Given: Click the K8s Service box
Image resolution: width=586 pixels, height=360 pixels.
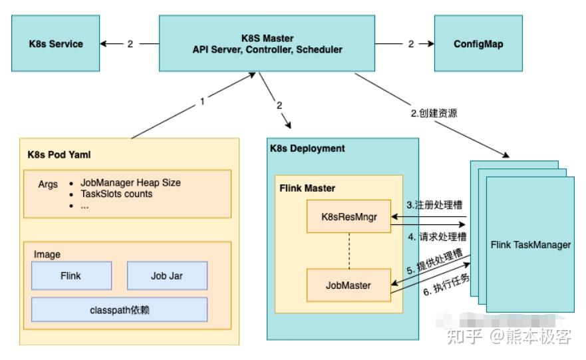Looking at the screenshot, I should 56,44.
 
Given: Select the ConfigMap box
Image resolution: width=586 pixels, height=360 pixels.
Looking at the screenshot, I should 478,44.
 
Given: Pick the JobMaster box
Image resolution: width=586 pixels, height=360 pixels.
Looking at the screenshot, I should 347,285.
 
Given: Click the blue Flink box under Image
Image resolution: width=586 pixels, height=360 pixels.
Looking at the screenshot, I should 71,275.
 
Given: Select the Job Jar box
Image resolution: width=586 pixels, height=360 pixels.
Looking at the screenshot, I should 166,275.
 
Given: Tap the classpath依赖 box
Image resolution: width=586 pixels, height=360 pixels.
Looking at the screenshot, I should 119,310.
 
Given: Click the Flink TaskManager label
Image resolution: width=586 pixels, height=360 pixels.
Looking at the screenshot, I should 530,245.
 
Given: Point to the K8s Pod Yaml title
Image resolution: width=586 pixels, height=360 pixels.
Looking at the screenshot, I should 55,154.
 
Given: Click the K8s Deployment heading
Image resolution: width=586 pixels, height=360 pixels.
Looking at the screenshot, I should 307,148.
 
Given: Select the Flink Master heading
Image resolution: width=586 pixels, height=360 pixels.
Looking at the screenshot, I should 307,188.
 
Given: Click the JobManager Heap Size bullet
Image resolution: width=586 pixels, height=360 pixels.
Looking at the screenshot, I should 130,182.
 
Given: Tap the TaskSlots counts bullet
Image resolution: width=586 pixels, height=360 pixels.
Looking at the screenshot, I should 116,194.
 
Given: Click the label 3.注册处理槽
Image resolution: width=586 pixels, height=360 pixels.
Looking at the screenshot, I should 436,205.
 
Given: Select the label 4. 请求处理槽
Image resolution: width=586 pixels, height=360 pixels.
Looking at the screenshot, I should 437,236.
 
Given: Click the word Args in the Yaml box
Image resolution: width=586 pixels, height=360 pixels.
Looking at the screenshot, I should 48,184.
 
